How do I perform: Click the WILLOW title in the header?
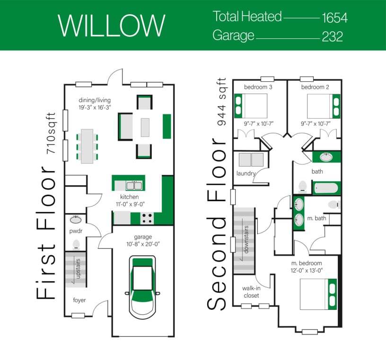pyautogui.click(x=112, y=25)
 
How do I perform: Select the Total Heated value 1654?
pyautogui.click(x=334, y=18)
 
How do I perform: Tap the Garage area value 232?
pyautogui.click(x=332, y=36)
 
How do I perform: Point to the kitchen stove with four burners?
pyautogui.click(x=147, y=218)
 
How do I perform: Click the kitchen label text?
pyautogui.click(x=129, y=197)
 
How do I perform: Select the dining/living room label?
pyautogui.click(x=94, y=100)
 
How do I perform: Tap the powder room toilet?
pyautogui.click(x=76, y=244)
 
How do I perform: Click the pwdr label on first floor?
pyautogui.click(x=75, y=232)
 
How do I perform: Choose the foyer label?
pyautogui.click(x=79, y=300)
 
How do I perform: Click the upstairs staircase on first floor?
pyautogui.click(x=76, y=269)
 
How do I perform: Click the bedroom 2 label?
pyautogui.click(x=315, y=87)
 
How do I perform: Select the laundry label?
pyautogui.click(x=246, y=173)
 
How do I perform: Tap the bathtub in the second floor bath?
pyautogui.click(x=326, y=188)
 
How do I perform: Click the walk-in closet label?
pyautogui.click(x=251, y=292)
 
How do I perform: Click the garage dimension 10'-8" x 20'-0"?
pyautogui.click(x=142, y=244)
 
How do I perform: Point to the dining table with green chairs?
pyautogui.click(x=87, y=146)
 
